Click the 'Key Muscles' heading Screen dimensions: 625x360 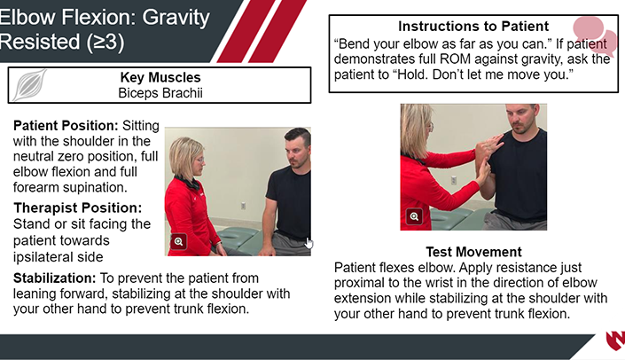pos(160,77)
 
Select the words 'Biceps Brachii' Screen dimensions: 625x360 pos(160,93)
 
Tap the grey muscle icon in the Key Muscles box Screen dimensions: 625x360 pos(29,85)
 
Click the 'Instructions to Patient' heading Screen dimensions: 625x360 pos(473,26)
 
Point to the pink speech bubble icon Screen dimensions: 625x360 pos(595,35)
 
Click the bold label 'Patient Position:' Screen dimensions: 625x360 pos(66,126)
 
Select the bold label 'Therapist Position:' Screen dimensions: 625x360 pos(78,207)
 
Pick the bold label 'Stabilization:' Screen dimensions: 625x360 pos(55,278)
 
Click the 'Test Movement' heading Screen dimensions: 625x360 pos(473,252)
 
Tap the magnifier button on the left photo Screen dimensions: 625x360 pos(178,241)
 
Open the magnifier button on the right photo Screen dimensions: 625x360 pos(414,216)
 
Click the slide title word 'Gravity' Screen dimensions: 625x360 pos(176,18)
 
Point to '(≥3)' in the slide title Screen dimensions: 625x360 pos(105,42)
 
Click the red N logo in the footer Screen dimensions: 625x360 pos(616,340)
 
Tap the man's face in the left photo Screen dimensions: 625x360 pos(296,153)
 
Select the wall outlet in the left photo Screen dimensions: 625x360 pos(243,206)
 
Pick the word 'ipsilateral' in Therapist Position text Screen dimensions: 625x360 pos(39,257)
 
